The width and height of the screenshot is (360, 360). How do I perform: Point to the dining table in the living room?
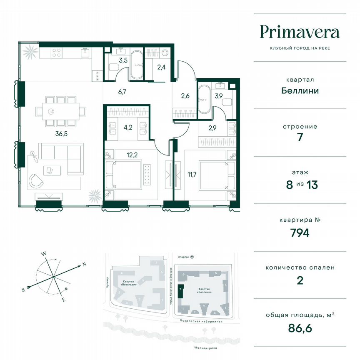61,111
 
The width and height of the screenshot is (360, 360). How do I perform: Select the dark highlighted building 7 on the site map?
180,290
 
